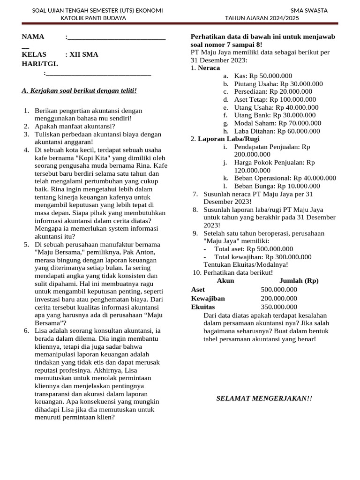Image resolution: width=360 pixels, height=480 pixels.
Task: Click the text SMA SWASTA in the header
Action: [309, 10]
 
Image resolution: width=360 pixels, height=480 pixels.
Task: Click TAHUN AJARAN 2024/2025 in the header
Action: [262, 18]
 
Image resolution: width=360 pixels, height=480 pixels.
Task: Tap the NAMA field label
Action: [33, 37]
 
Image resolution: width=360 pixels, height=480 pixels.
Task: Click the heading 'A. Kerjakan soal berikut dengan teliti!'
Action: [79, 90]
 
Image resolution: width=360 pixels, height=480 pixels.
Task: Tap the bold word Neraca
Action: [209, 68]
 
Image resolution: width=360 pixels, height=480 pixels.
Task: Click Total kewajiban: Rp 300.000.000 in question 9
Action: [262, 257]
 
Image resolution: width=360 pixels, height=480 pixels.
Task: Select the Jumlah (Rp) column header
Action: [299, 281]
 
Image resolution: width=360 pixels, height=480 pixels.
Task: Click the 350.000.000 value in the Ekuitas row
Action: [279, 307]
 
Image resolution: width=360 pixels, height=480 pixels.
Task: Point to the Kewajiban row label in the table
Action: [208, 299]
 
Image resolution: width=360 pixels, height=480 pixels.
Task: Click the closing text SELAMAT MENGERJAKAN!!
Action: [264, 398]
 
